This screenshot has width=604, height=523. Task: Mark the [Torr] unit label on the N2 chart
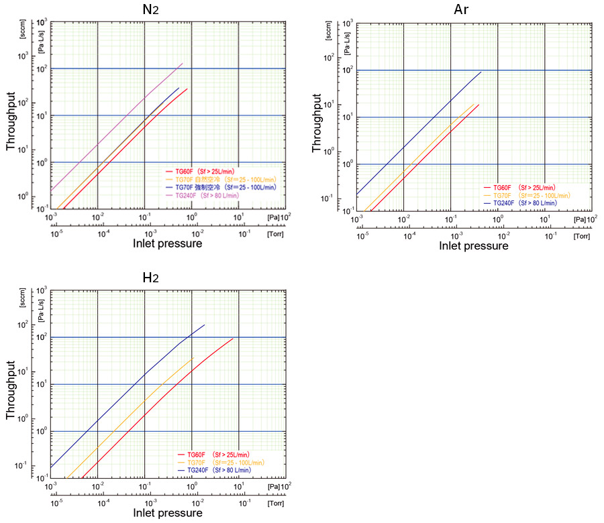[275, 234]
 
